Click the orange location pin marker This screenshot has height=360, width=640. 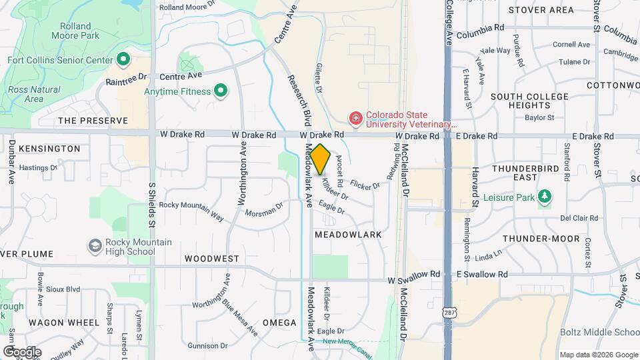(x=321, y=159)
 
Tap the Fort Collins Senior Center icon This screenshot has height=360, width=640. (x=123, y=60)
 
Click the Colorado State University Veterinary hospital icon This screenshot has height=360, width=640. (x=356, y=119)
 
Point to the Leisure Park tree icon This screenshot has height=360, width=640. (x=545, y=196)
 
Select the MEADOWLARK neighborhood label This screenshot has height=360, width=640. (x=348, y=235)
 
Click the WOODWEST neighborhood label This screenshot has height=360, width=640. (x=212, y=258)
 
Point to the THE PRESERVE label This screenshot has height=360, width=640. (x=93, y=121)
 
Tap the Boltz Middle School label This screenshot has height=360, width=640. (x=600, y=332)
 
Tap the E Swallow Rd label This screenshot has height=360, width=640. (x=482, y=274)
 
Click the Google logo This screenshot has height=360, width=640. (x=21, y=351)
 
